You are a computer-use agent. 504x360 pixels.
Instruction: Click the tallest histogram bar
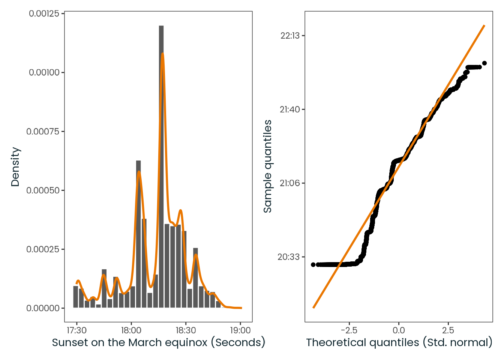pos(161,166)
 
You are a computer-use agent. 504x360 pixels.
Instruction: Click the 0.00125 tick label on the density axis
pos(44,14)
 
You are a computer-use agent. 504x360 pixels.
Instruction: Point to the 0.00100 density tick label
pos(44,72)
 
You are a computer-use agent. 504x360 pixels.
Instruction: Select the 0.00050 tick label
pos(43,190)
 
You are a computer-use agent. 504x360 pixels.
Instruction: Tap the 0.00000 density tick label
pos(43,308)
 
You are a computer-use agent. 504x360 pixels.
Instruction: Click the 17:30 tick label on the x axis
pos(77,330)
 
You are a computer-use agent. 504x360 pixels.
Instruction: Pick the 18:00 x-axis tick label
pos(131,330)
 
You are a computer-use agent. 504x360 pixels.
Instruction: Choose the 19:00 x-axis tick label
pos(240,330)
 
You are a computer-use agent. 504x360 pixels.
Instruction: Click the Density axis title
pos(15,167)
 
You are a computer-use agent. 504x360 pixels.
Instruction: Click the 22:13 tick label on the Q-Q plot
pos(290,36)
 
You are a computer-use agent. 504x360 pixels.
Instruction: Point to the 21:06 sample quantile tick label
pos(290,183)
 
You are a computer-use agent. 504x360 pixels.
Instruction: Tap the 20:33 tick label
pos(289,257)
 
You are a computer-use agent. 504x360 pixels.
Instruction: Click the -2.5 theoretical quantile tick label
pos(349,330)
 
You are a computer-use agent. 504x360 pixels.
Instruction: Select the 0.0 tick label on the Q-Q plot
pos(399,330)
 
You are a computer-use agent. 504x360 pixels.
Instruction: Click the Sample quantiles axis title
pos(267,166)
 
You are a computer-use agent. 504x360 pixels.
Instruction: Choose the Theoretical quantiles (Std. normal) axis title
pos(399,342)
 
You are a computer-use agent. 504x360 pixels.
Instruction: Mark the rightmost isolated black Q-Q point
pos(484,63)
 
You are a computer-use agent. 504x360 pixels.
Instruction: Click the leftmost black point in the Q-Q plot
pos(313,265)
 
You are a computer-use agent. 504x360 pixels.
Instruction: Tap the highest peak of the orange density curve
pos(162,53)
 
